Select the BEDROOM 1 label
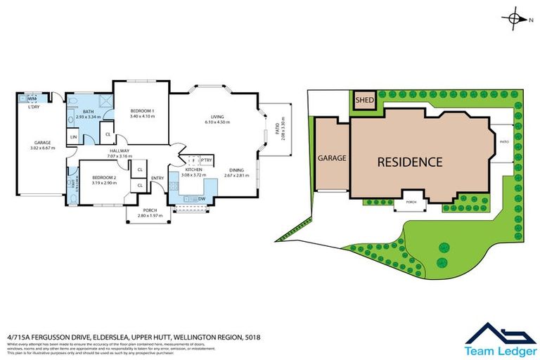143,112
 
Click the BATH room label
89,111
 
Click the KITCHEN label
194,170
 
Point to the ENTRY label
157,178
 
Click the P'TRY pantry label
207,160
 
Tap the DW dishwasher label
202,199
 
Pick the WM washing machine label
32,99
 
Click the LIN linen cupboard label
74,136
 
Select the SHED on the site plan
364,101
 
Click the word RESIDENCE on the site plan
410,162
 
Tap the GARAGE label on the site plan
332,158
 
